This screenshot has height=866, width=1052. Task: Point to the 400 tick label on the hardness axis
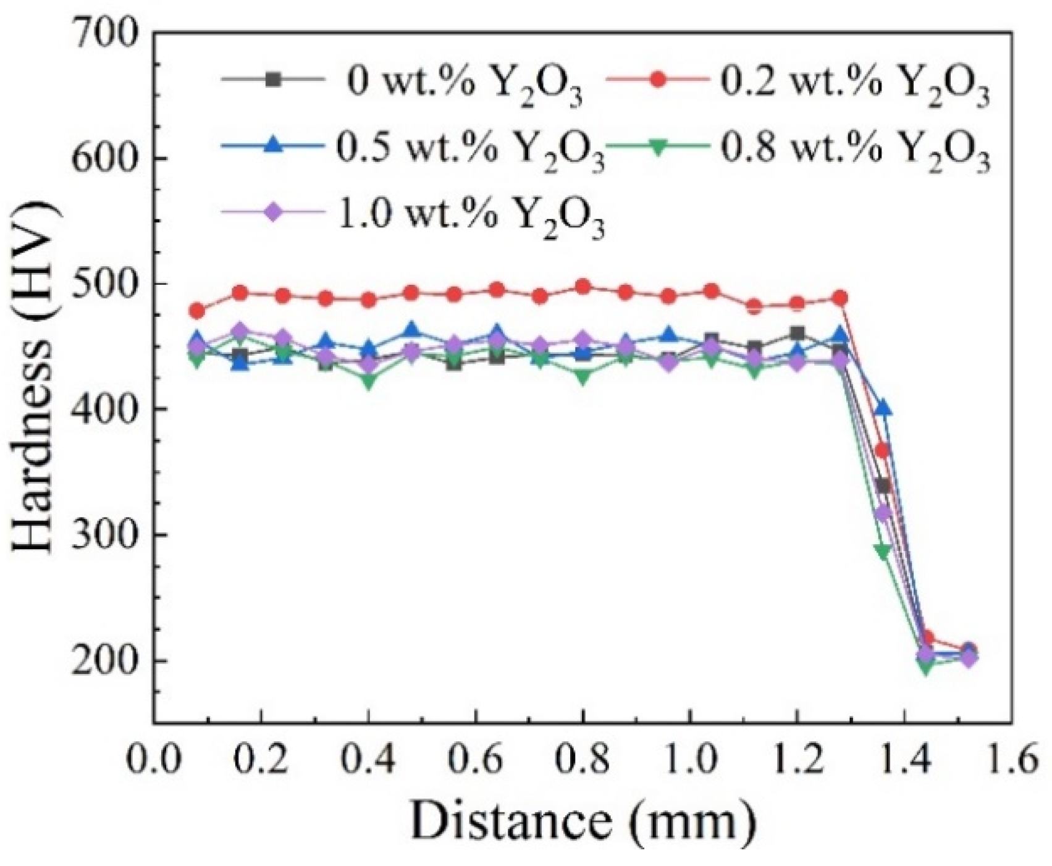click(x=104, y=408)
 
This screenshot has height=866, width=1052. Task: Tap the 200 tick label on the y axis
click(x=104, y=660)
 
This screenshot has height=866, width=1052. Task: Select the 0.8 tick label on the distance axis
click(x=583, y=761)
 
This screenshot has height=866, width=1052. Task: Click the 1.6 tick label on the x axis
click(x=1011, y=761)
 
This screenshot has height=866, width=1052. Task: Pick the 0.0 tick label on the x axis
click(x=154, y=761)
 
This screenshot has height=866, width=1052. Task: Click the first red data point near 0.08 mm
click(x=197, y=311)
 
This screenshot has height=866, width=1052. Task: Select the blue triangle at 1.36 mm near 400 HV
click(x=883, y=408)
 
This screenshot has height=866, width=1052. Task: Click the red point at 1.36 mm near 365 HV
click(x=883, y=451)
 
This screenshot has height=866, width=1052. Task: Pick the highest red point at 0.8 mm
click(x=583, y=287)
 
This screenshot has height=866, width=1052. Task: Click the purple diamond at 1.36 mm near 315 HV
click(x=883, y=513)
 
